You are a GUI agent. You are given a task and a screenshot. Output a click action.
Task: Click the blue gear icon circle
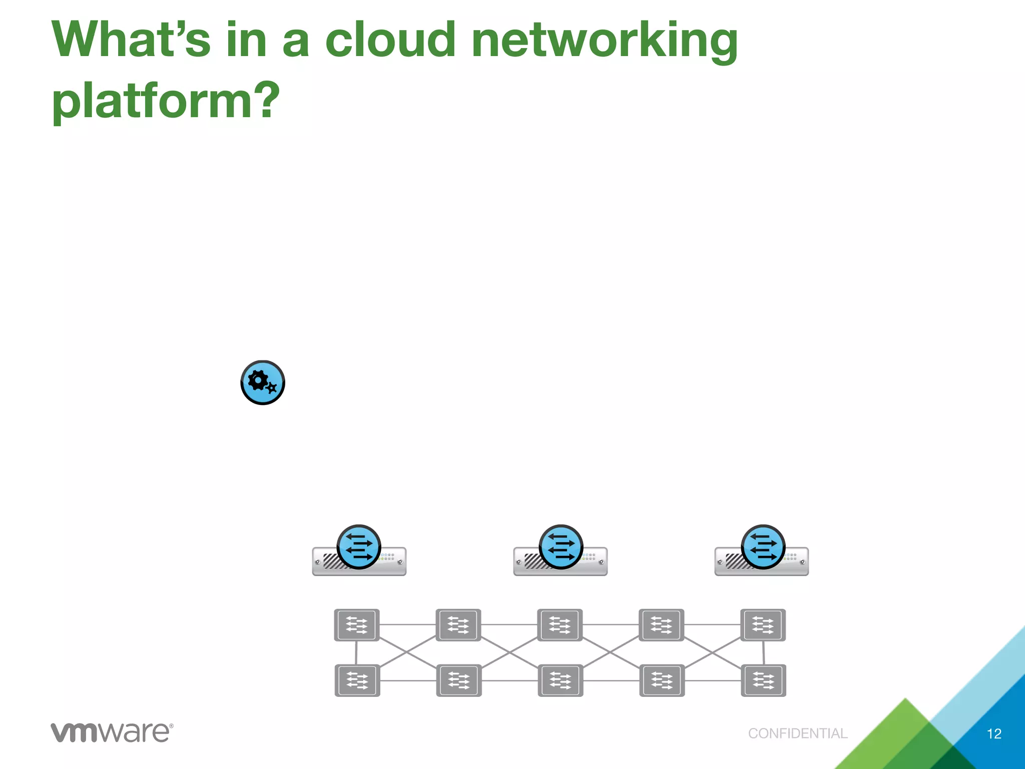263,382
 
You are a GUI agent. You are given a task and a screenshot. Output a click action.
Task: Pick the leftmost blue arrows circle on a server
359,547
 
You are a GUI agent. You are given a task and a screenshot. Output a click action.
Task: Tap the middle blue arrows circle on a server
561,547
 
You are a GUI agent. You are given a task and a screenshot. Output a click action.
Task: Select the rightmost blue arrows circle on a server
763,547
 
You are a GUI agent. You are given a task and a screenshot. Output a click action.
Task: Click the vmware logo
112,732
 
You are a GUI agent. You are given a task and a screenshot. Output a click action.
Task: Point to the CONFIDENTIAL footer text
798,733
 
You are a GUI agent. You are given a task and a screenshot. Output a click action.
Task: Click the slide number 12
993,734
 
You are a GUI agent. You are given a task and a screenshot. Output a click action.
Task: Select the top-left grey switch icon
357,625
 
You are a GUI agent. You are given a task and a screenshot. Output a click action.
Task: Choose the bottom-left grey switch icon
357,680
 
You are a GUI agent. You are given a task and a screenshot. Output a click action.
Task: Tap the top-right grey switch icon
763,625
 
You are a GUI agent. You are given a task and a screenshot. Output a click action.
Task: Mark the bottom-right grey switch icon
763,680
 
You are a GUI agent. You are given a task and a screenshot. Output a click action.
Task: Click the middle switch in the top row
560,625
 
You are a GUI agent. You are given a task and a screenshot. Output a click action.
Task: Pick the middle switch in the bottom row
560,680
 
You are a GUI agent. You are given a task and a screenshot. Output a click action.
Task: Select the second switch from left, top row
458,625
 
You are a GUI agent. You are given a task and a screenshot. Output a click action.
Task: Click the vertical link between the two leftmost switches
356,653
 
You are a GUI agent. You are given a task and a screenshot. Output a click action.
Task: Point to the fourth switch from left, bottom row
662,680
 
